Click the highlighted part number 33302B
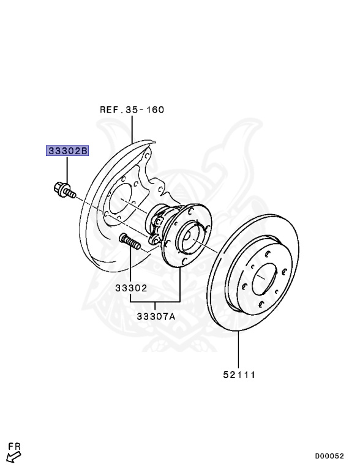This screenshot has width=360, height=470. [67, 151]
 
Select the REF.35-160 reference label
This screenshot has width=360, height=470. [132, 110]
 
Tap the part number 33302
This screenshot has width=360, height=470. [132, 288]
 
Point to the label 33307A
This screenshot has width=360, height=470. [156, 316]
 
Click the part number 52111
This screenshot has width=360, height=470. [239, 375]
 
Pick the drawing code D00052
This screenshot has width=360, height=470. [329, 456]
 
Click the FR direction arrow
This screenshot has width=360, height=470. [14, 457]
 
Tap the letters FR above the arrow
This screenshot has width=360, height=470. [14, 446]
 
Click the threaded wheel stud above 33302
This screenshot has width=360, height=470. [130, 241]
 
